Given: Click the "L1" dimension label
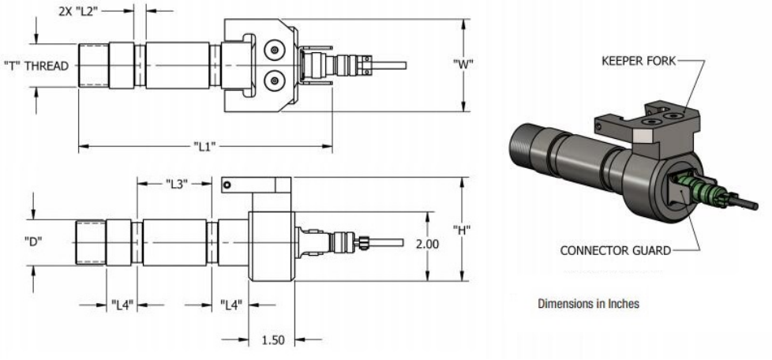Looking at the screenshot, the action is (204, 146).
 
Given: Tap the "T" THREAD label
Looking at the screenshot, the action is (36, 66).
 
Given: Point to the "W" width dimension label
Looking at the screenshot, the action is (463, 63).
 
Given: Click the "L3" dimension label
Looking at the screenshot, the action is (177, 184).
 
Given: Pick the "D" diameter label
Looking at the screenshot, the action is (33, 241).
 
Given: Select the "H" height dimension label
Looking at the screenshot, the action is (462, 229).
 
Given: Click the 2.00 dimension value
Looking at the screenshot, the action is (427, 244).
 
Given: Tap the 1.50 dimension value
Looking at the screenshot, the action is (272, 339).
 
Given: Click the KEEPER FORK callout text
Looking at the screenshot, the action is (639, 61).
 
